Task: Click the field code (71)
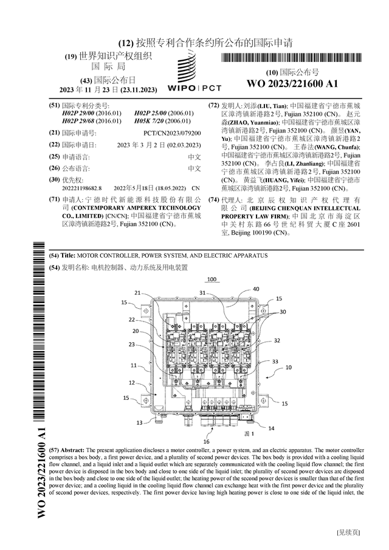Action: point(55,199)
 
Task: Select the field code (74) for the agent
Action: point(213,199)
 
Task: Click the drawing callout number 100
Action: point(212,280)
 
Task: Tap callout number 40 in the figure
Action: point(256,289)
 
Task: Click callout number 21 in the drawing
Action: point(137,292)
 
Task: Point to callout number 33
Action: point(275,361)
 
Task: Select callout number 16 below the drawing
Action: point(207,441)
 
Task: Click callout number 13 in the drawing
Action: point(139,422)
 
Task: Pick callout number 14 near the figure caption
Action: point(270,428)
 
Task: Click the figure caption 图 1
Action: point(248,435)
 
